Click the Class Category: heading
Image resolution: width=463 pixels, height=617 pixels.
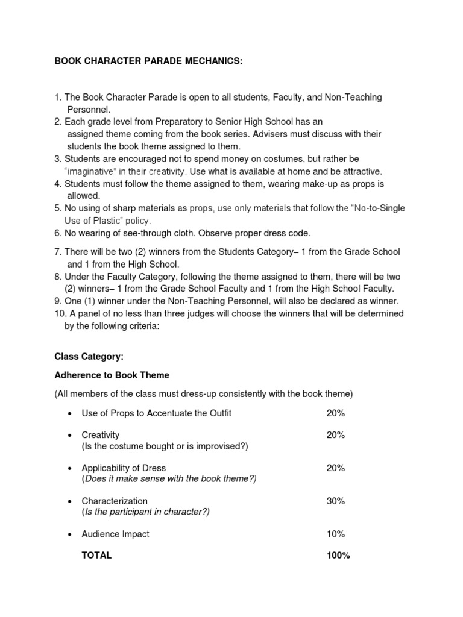pyautogui.click(x=89, y=357)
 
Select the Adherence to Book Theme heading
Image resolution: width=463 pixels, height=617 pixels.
pyautogui.click(x=112, y=375)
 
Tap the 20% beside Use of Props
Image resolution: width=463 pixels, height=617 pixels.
pyautogui.click(x=335, y=413)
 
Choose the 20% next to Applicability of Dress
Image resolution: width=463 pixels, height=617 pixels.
pyautogui.click(x=335, y=468)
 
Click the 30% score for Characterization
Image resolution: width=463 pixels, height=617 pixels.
pyautogui.click(x=335, y=501)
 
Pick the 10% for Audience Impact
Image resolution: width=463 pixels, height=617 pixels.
pyautogui.click(x=335, y=534)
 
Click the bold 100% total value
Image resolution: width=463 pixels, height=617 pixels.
pyautogui.click(x=338, y=556)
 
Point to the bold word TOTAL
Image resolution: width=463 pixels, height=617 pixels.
pyautogui.click(x=96, y=556)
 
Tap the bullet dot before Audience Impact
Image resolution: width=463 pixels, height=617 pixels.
pyautogui.click(x=71, y=534)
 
